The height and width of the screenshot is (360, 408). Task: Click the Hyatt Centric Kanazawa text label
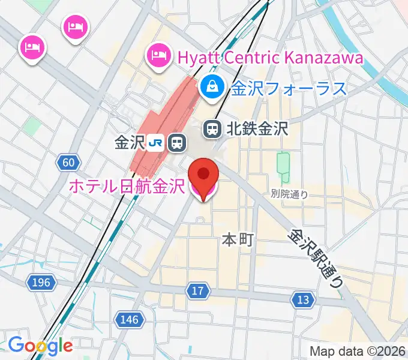[270, 58]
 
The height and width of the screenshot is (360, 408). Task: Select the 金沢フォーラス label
[289, 88]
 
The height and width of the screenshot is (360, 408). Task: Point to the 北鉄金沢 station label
[256, 128]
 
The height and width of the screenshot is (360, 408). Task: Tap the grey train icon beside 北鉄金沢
[212, 128]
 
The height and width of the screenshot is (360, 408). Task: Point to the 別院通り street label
[289, 193]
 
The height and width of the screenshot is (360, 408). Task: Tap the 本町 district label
[238, 240]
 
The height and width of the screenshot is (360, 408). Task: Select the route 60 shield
[68, 162]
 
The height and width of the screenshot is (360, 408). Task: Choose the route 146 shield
[130, 320]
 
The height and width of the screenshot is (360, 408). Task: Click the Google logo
[40, 346]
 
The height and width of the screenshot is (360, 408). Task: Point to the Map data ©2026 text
[358, 351]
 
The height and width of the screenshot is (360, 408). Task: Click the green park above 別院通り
[283, 166]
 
